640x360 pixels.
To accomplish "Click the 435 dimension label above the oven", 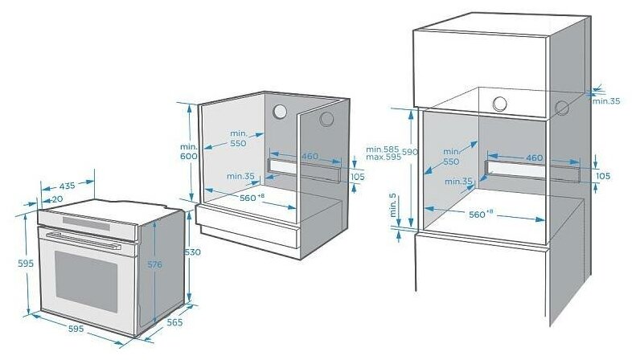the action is coord(67,186).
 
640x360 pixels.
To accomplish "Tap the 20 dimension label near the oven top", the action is coord(57,198).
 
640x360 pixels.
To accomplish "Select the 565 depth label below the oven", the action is coord(174,322).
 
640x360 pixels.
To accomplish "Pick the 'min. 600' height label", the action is coord(188,152).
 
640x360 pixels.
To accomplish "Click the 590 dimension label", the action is coord(410,152).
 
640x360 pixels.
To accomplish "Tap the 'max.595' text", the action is coord(382,157).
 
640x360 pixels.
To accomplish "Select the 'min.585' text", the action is coord(382,149).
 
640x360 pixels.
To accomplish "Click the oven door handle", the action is coord(84,239).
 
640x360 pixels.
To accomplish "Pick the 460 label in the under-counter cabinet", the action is coord(310,156).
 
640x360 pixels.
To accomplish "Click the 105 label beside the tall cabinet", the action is coord(604,176).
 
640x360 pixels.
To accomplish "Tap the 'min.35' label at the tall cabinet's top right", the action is coord(605,101).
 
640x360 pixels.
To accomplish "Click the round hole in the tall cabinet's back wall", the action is coord(500,104).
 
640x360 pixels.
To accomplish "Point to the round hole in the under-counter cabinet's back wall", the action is coord(281,112).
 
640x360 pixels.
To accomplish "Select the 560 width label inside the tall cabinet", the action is coord(480,214).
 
